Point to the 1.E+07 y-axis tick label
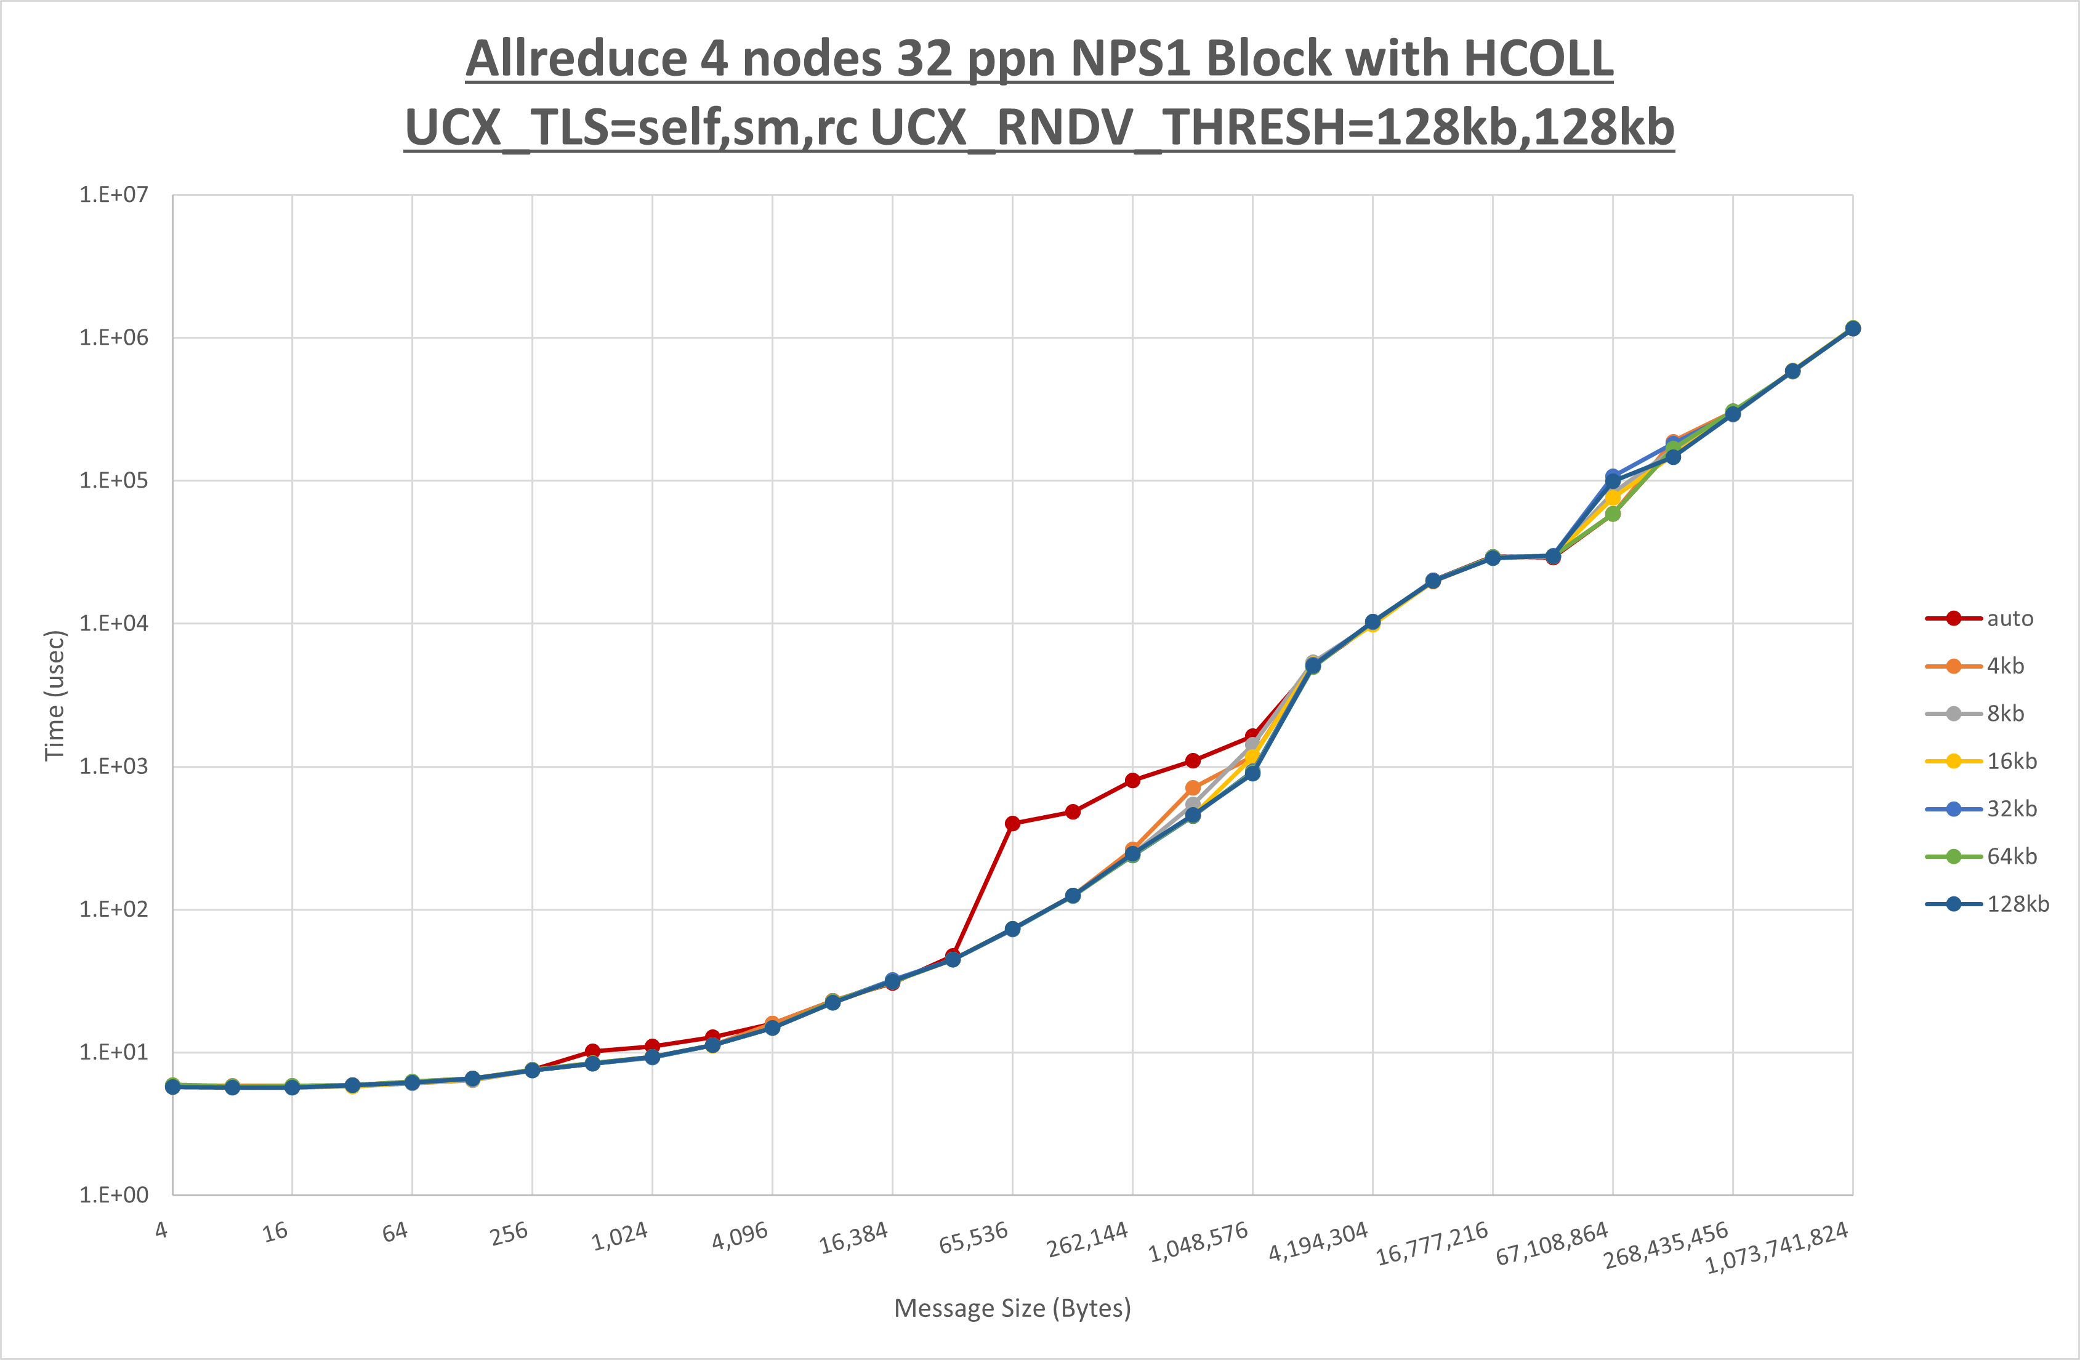point(114,194)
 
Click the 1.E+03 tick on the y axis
point(114,767)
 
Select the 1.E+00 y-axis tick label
point(114,1195)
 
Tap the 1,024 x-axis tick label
point(619,1236)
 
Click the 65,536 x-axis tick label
point(973,1237)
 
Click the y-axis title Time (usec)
point(54,695)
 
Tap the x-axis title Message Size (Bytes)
point(1012,1308)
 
